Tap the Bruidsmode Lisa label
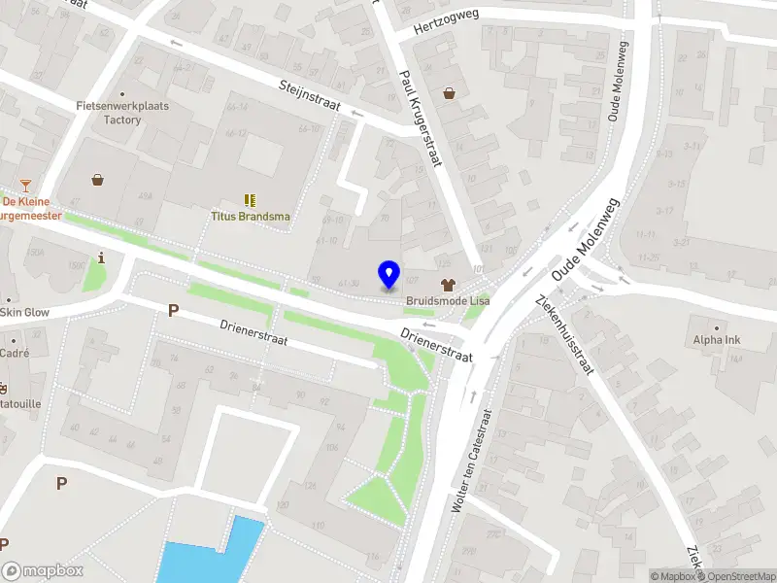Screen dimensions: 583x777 coord(448,301)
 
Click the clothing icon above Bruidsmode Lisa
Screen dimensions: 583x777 coord(448,285)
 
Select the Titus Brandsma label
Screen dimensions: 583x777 coord(251,217)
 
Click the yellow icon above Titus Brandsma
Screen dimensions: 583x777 coord(251,200)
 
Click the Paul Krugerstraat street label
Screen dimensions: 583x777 coord(421,118)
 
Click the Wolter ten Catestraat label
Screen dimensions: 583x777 coord(473,460)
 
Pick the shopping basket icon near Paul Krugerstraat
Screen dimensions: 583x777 coord(450,93)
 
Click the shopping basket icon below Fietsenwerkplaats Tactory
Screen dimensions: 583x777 coord(98,179)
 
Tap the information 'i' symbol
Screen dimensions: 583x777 coord(102,257)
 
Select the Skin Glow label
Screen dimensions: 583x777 coord(23,312)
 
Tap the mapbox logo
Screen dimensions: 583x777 coord(43,571)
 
